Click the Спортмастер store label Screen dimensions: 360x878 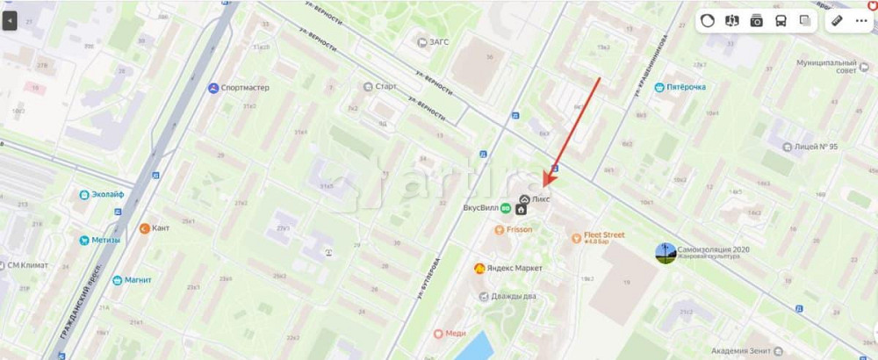point(245,88)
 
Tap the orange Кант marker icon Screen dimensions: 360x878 point(145,228)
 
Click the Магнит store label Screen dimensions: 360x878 point(138,280)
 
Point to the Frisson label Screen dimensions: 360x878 point(519,230)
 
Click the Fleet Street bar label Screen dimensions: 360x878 point(604,235)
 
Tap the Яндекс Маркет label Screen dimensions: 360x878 point(514,268)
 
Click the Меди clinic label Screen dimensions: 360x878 point(455,334)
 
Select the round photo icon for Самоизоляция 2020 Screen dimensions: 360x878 point(666,253)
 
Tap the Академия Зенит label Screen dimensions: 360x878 point(743,351)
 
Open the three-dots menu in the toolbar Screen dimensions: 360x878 point(860,20)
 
